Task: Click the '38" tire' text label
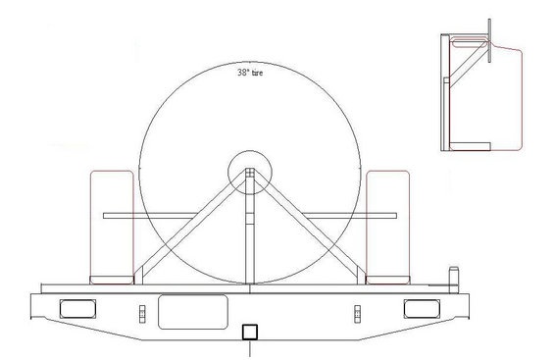coord(250,73)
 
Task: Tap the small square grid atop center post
coord(250,173)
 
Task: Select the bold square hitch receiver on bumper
coord(250,333)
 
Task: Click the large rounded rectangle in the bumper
coord(193,312)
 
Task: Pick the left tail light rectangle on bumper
coord(77,308)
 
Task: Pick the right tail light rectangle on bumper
coord(422,308)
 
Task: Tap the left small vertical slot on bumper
coord(142,314)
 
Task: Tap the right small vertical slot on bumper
coord(357,314)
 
